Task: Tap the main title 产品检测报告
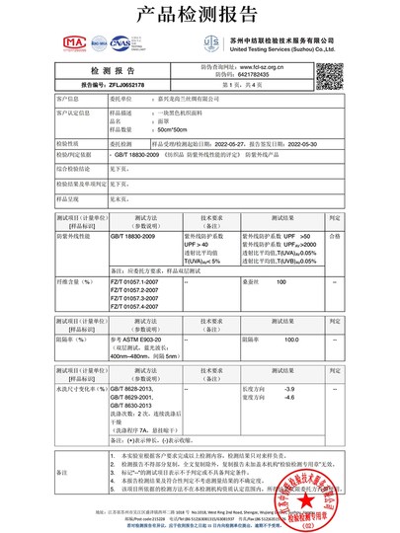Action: click(x=200, y=15)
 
